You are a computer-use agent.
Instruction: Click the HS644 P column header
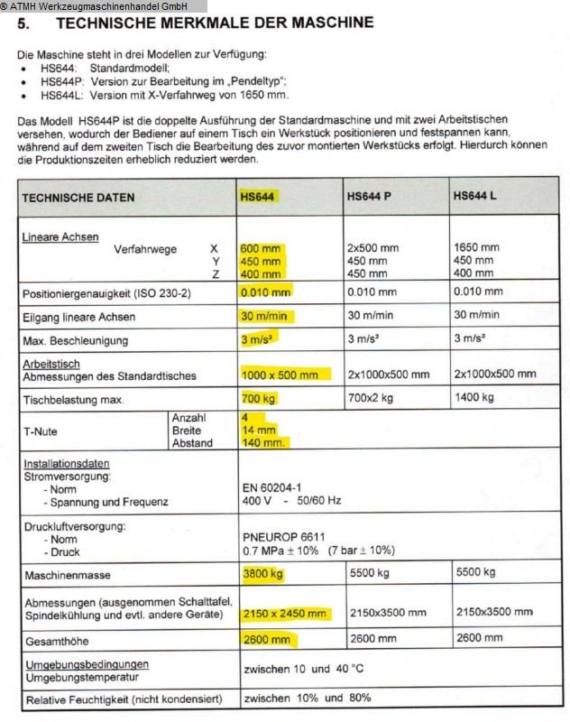[x=369, y=196]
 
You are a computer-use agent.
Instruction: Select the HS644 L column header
[x=475, y=196]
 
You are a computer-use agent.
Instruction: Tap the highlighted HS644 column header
[x=259, y=196]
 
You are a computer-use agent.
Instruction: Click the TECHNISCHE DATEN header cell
[x=78, y=198]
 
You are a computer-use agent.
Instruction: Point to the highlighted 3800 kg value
[x=263, y=572]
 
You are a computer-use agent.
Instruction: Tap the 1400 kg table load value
[x=475, y=398]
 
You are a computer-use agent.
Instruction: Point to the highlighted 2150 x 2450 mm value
[x=285, y=614]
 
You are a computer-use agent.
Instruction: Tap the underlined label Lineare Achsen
[x=61, y=236]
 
